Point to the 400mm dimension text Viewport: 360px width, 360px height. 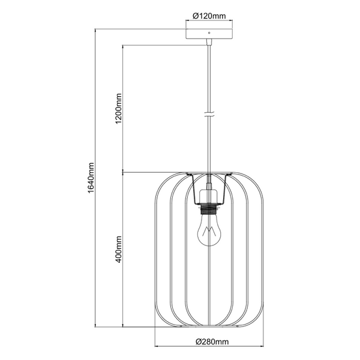click(119, 250)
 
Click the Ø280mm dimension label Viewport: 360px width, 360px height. click(212, 342)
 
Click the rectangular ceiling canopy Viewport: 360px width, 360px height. click(208, 32)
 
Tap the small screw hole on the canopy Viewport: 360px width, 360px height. click(208, 31)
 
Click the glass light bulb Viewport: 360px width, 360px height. click(208, 232)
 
